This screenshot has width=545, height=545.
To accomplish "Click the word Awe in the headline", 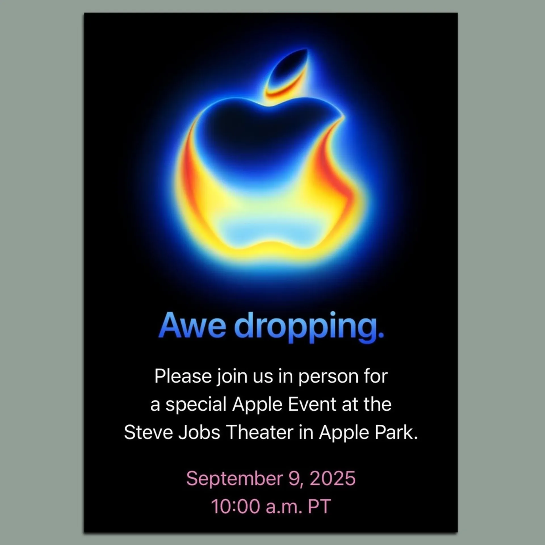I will point(192,326).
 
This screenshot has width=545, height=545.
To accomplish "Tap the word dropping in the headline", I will point(305,326).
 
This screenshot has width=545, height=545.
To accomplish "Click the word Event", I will point(312,404).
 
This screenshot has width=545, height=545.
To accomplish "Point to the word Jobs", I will point(199,433).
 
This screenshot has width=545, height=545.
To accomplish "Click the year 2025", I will point(332,478).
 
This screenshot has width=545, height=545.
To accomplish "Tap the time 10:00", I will point(236,506).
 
